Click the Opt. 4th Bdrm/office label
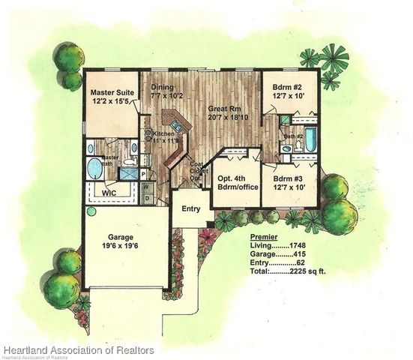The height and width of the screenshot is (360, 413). pos(235,184)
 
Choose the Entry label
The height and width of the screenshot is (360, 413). pos(192,208)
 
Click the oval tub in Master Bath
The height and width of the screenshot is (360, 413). pos(95,168)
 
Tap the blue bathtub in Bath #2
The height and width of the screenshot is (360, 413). pos(310,139)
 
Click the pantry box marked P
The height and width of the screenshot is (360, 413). pos(142,174)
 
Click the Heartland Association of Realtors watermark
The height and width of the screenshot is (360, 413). pos(78,350)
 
